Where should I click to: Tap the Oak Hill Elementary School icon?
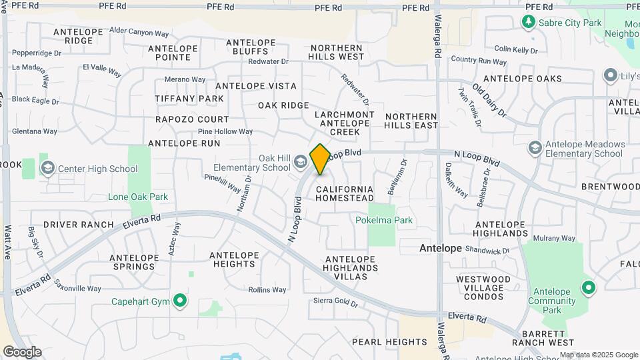coord(301,161)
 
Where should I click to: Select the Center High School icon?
coord(48,168)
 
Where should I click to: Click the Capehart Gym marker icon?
coord(180,301)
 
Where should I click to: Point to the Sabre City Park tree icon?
coord(528,22)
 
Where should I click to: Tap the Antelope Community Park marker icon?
coord(588,288)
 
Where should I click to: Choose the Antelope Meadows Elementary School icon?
coord(535,147)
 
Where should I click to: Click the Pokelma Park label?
coord(384,220)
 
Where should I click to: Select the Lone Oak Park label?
coord(138,197)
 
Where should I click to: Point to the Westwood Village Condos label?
coord(483,284)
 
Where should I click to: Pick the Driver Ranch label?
coord(79,225)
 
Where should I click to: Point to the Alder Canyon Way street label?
coord(139,31)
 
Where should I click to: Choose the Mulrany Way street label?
coord(553,238)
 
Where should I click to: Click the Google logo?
coord(21,352)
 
